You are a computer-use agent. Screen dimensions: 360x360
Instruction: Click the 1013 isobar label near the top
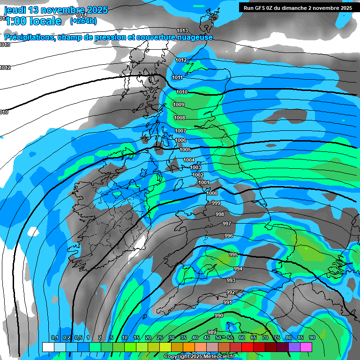pyautogui.click(x=182, y=31)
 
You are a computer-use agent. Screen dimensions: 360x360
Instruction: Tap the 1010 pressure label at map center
pyautogui.click(x=182, y=92)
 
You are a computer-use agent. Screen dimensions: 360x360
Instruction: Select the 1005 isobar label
pyautogui.click(x=185, y=150)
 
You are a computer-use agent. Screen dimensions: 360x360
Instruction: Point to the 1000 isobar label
pyautogui.click(x=212, y=193)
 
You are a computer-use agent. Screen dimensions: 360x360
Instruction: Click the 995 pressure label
pyautogui.click(x=233, y=255)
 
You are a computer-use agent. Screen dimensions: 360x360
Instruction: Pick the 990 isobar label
pyautogui.click(x=219, y=315)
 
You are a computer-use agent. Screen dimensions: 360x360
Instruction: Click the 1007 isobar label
pyautogui.click(x=180, y=131)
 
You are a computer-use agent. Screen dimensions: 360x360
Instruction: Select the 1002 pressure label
pyautogui.click(x=198, y=175)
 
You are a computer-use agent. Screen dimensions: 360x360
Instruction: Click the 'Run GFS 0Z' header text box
pyautogui.click(x=298, y=8)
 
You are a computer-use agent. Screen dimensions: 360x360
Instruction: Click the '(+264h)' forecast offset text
pyautogui.click(x=83, y=21)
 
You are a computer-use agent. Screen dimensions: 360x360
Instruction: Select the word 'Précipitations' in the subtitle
pyautogui.click(x=29, y=37)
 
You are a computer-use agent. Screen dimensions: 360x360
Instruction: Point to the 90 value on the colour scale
pyautogui.click(x=312, y=337)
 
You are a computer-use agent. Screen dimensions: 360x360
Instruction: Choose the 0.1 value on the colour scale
pyautogui.click(x=54, y=337)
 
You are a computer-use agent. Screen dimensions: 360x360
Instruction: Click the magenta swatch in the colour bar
pyautogui.click(x=306, y=347)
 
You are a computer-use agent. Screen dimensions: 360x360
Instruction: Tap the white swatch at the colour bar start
pyautogui.click(x=48, y=347)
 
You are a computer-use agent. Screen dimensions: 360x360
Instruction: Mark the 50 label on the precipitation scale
pyautogui.click(x=218, y=337)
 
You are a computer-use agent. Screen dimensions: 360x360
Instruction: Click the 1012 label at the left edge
pyautogui.click(x=5, y=68)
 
